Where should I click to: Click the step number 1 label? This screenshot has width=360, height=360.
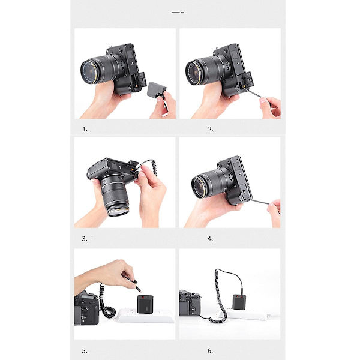85,129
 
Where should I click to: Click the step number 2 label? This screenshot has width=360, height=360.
211,129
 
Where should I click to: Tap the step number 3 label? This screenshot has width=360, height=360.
85,239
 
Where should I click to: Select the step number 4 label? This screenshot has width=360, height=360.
211,239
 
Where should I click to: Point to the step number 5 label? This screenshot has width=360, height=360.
85,351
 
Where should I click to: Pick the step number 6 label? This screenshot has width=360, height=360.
211,351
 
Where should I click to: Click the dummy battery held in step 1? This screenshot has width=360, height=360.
156,89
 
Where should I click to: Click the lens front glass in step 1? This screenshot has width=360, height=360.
89,71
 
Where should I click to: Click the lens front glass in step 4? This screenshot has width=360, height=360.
199,187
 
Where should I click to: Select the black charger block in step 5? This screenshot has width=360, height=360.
145,304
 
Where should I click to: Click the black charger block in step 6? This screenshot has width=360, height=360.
239,301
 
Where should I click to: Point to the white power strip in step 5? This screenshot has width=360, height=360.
145,316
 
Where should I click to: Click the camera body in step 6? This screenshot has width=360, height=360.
190,302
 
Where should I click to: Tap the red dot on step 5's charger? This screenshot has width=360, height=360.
143,298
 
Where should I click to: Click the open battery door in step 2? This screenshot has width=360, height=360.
247,79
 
